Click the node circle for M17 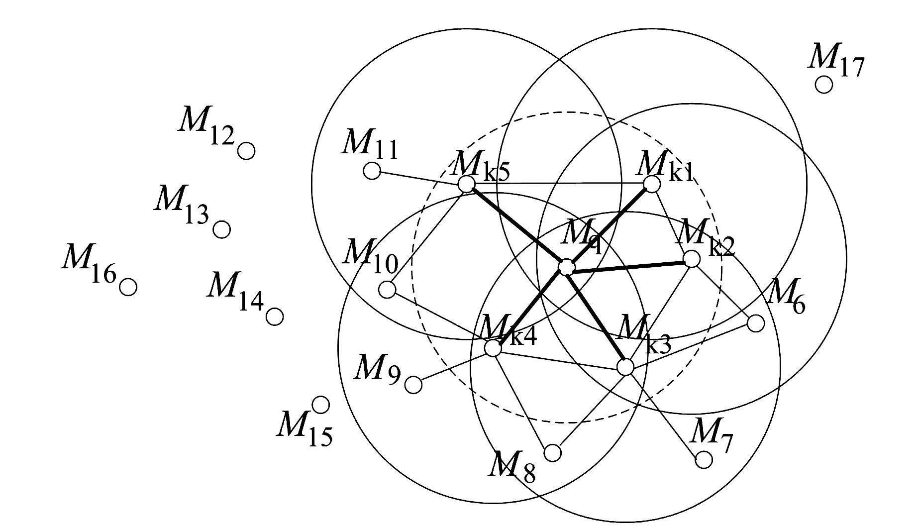point(824,85)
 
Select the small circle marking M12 point(246,150)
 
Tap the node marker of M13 point(222,229)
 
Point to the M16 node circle point(128,287)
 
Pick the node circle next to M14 point(275,316)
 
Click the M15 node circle point(321,405)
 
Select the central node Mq point(566,267)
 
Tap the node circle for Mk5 point(466,184)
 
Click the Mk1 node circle point(652,184)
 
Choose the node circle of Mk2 point(692,259)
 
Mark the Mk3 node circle point(625,367)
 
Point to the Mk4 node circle point(493,348)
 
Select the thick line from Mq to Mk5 point(517,226)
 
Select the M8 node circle point(553,453)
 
